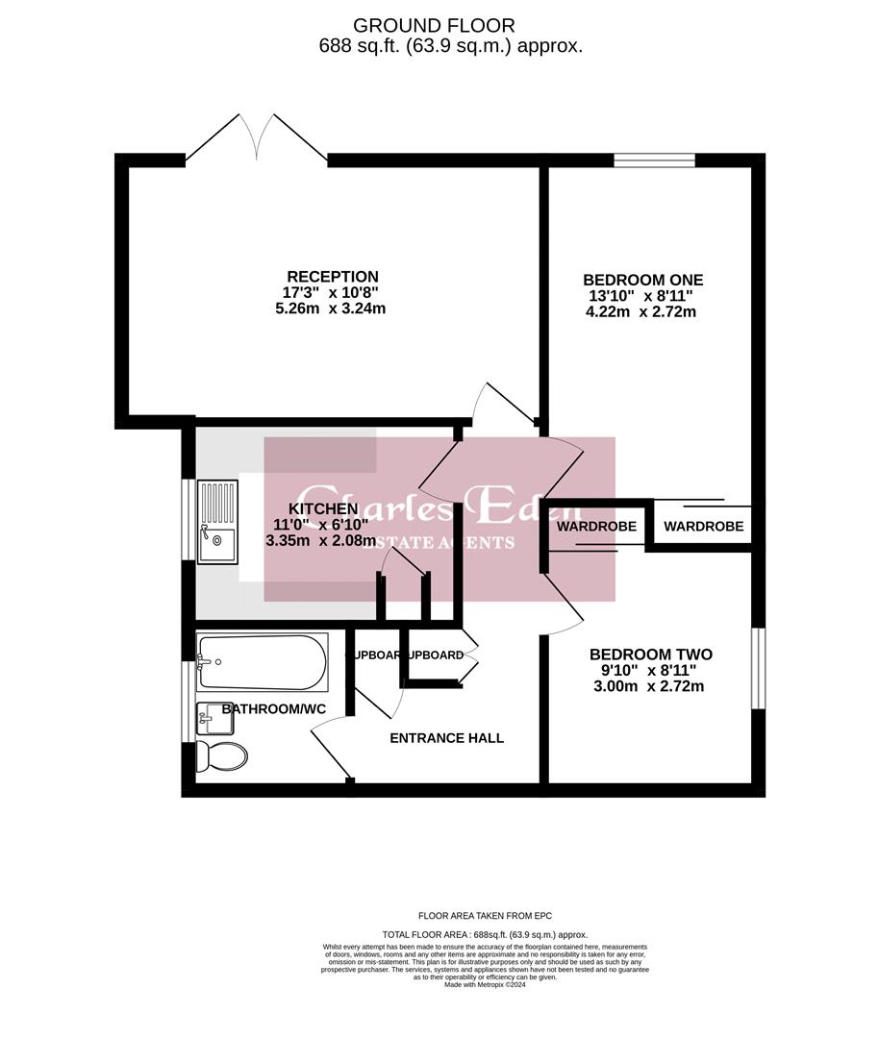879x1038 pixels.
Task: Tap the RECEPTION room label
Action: pyautogui.click(x=332, y=277)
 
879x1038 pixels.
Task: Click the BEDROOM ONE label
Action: pyautogui.click(x=643, y=281)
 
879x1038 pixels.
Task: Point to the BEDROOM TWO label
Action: pyautogui.click(x=650, y=655)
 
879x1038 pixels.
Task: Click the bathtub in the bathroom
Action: pyautogui.click(x=262, y=661)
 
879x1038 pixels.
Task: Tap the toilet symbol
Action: pyautogui.click(x=221, y=756)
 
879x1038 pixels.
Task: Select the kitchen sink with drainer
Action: pyautogui.click(x=216, y=521)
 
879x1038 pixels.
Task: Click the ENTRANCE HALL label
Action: pyautogui.click(x=446, y=738)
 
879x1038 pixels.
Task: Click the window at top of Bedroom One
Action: pyautogui.click(x=654, y=161)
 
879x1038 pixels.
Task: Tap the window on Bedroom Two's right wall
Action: pyautogui.click(x=758, y=668)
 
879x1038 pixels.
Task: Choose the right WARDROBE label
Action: pyautogui.click(x=703, y=527)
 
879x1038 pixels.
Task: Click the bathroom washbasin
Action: pyautogui.click(x=213, y=716)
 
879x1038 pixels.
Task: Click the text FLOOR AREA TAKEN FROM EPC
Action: pyautogui.click(x=485, y=916)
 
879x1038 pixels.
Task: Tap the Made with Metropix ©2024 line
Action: pyautogui.click(x=485, y=984)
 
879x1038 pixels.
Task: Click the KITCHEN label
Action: pyautogui.click(x=324, y=508)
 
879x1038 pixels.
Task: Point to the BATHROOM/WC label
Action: pyautogui.click(x=274, y=709)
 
